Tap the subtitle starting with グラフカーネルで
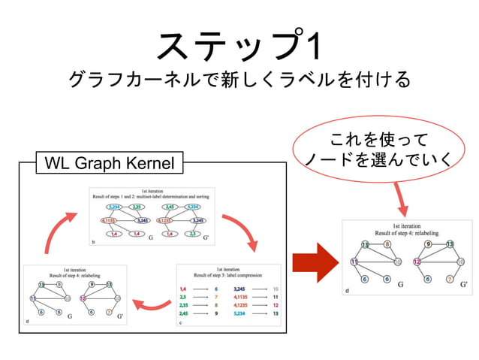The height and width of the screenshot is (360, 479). (x=239, y=80)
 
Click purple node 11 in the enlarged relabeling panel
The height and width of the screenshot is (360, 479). (x=353, y=261)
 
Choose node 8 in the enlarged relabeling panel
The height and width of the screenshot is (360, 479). (x=387, y=244)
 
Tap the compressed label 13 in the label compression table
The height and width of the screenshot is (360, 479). (x=276, y=313)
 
